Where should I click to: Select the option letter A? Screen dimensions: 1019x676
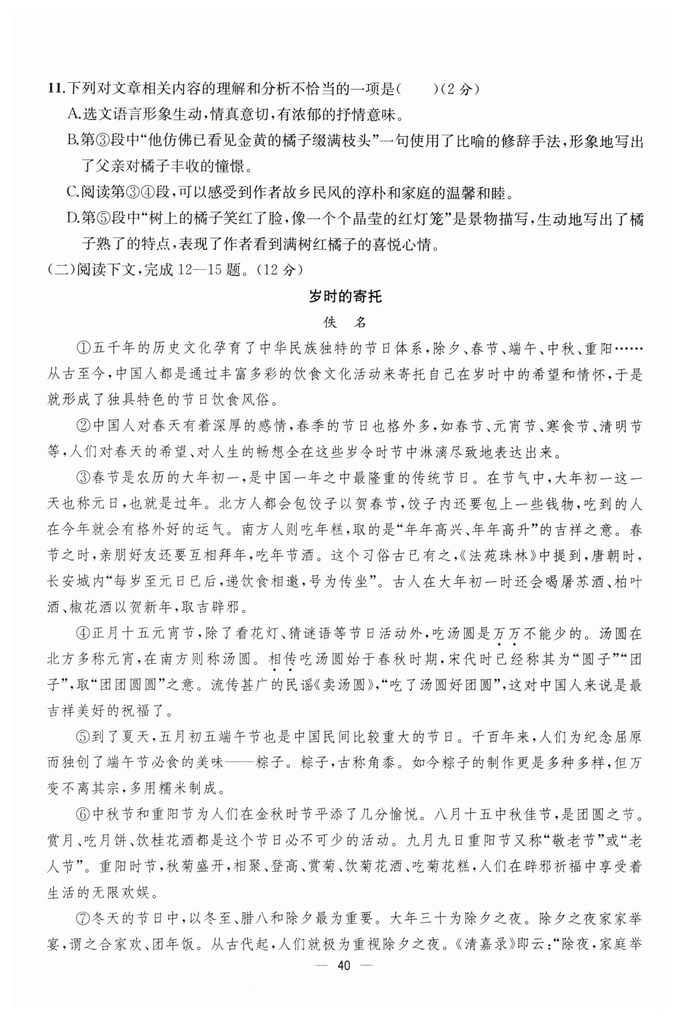click(73, 116)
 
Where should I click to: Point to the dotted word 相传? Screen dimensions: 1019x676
click(282, 660)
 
